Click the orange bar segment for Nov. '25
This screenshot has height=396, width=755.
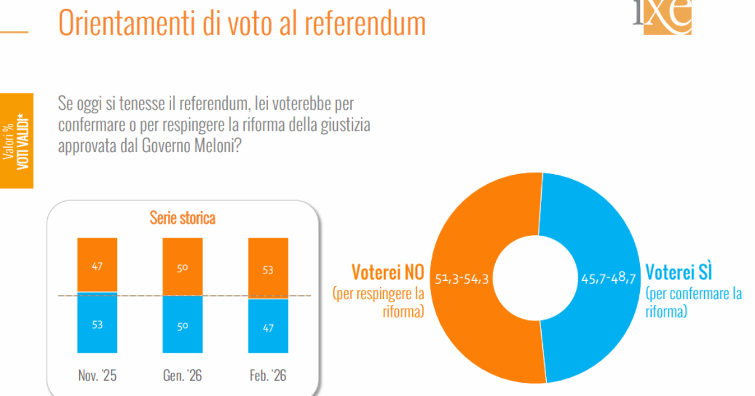point(97,265)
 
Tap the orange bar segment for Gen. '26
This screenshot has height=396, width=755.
point(182,267)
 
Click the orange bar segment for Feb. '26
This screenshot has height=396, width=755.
point(268,268)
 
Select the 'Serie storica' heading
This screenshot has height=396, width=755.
point(182,218)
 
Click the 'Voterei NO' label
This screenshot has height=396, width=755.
point(388,272)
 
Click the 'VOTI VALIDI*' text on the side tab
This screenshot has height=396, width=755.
point(23,141)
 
